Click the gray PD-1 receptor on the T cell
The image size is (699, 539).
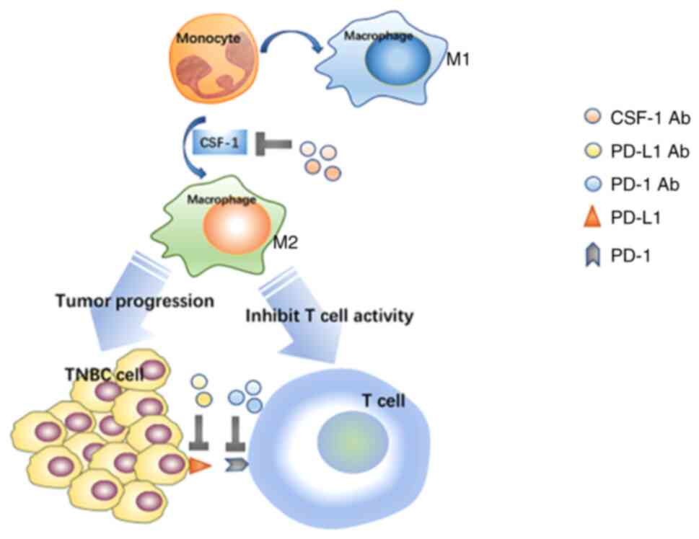coord(236,466)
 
